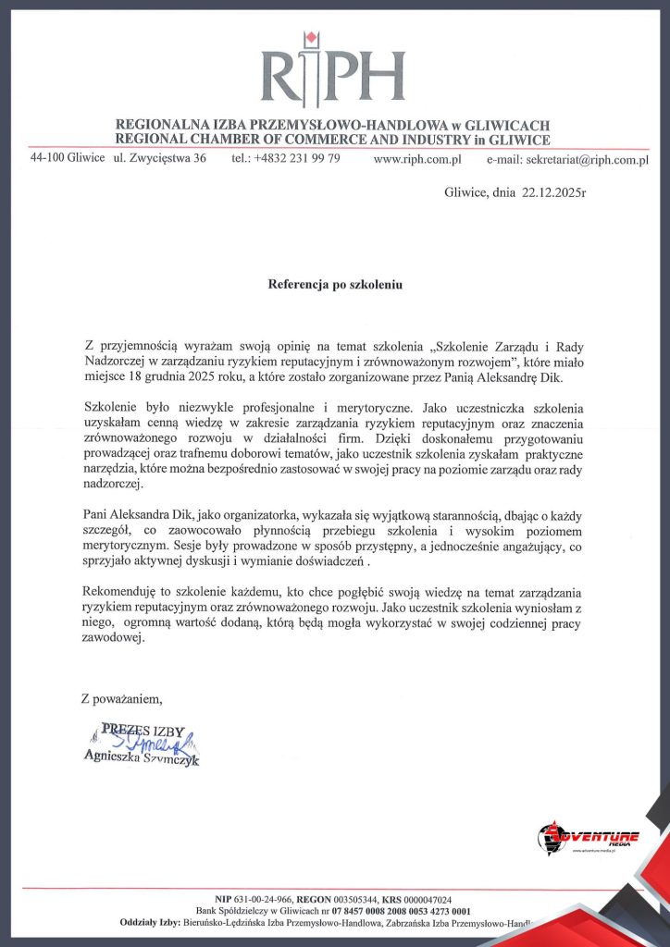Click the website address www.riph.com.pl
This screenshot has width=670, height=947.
(417, 159)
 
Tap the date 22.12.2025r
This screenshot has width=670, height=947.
(553, 193)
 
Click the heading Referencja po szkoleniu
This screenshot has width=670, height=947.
(335, 285)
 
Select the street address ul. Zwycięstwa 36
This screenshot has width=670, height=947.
(159, 158)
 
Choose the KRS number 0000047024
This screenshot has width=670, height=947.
(422, 899)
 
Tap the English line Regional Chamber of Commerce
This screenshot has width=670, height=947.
(333, 140)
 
